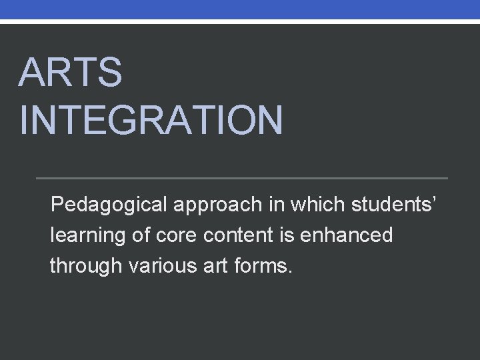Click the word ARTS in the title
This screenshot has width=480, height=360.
click(71, 73)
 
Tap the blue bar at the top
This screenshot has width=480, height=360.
click(240, 9)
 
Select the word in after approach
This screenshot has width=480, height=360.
click(276, 203)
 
